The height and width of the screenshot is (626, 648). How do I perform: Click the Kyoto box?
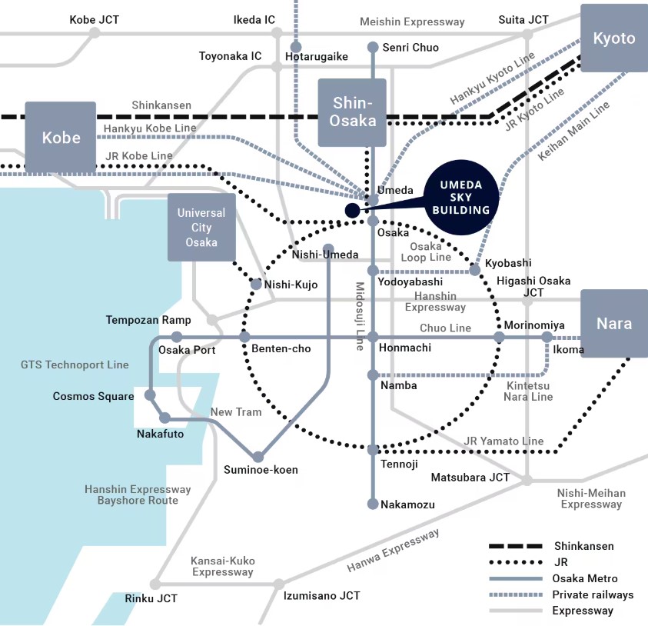(614, 38)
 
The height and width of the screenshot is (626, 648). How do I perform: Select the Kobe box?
(61, 138)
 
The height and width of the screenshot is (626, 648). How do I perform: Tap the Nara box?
(614, 324)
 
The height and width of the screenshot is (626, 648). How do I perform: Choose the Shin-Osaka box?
(353, 112)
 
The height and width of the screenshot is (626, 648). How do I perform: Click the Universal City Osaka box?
(201, 228)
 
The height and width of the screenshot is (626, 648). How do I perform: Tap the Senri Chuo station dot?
(373, 48)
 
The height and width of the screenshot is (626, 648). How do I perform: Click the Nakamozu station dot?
(373, 504)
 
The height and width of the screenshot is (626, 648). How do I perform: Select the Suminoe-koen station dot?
(259, 457)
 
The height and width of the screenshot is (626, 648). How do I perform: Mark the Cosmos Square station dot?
(151, 395)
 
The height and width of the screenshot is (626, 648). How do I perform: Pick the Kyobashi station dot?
(476, 269)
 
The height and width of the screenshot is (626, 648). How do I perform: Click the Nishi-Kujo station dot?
(257, 285)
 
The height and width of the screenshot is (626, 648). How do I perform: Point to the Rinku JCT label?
(151, 598)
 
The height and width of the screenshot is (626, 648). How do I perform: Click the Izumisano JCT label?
(321, 596)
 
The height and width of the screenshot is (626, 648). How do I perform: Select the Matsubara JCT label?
(470, 478)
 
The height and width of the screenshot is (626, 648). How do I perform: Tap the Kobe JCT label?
(94, 19)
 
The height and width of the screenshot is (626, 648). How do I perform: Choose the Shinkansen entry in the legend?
(583, 546)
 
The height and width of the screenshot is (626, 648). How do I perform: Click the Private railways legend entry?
(593, 594)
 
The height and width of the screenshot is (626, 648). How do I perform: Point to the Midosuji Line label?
(360, 316)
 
